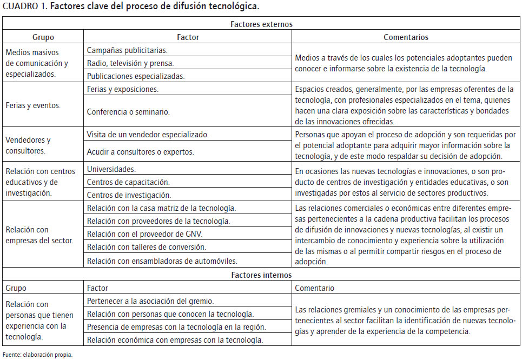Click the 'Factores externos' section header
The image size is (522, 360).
(x=261, y=24)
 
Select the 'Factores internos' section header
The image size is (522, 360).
(x=261, y=275)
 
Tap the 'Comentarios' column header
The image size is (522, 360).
(x=406, y=37)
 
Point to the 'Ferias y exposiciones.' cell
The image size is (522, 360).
(x=122, y=89)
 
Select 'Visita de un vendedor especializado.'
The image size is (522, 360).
(x=148, y=134)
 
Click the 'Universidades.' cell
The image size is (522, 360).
(x=111, y=169)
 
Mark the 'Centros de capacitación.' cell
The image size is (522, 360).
(x=128, y=182)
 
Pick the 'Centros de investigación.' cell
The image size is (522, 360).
(x=129, y=195)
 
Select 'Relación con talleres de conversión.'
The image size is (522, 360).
(x=146, y=247)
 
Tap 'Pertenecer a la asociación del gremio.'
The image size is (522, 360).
(x=150, y=301)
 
